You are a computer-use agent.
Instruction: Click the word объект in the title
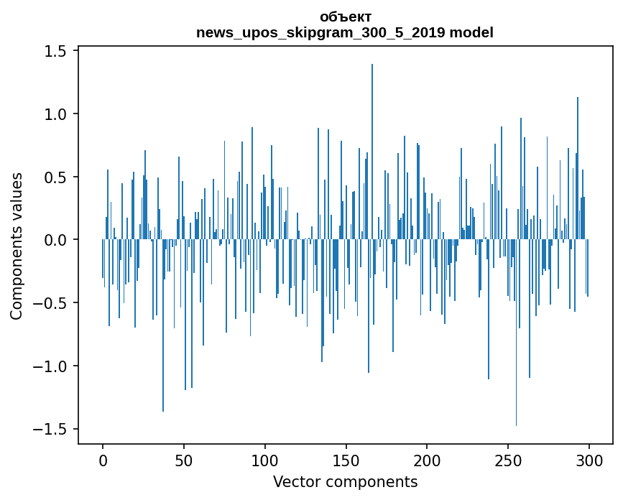[345, 17]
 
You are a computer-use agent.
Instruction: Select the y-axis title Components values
[17, 246]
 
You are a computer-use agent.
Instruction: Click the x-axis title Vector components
[345, 481]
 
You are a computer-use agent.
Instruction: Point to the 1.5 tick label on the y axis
[56, 51]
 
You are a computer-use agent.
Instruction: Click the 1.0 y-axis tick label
[56, 114]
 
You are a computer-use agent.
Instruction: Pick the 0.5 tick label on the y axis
[56, 177]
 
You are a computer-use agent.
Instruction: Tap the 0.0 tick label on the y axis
[56, 240]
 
